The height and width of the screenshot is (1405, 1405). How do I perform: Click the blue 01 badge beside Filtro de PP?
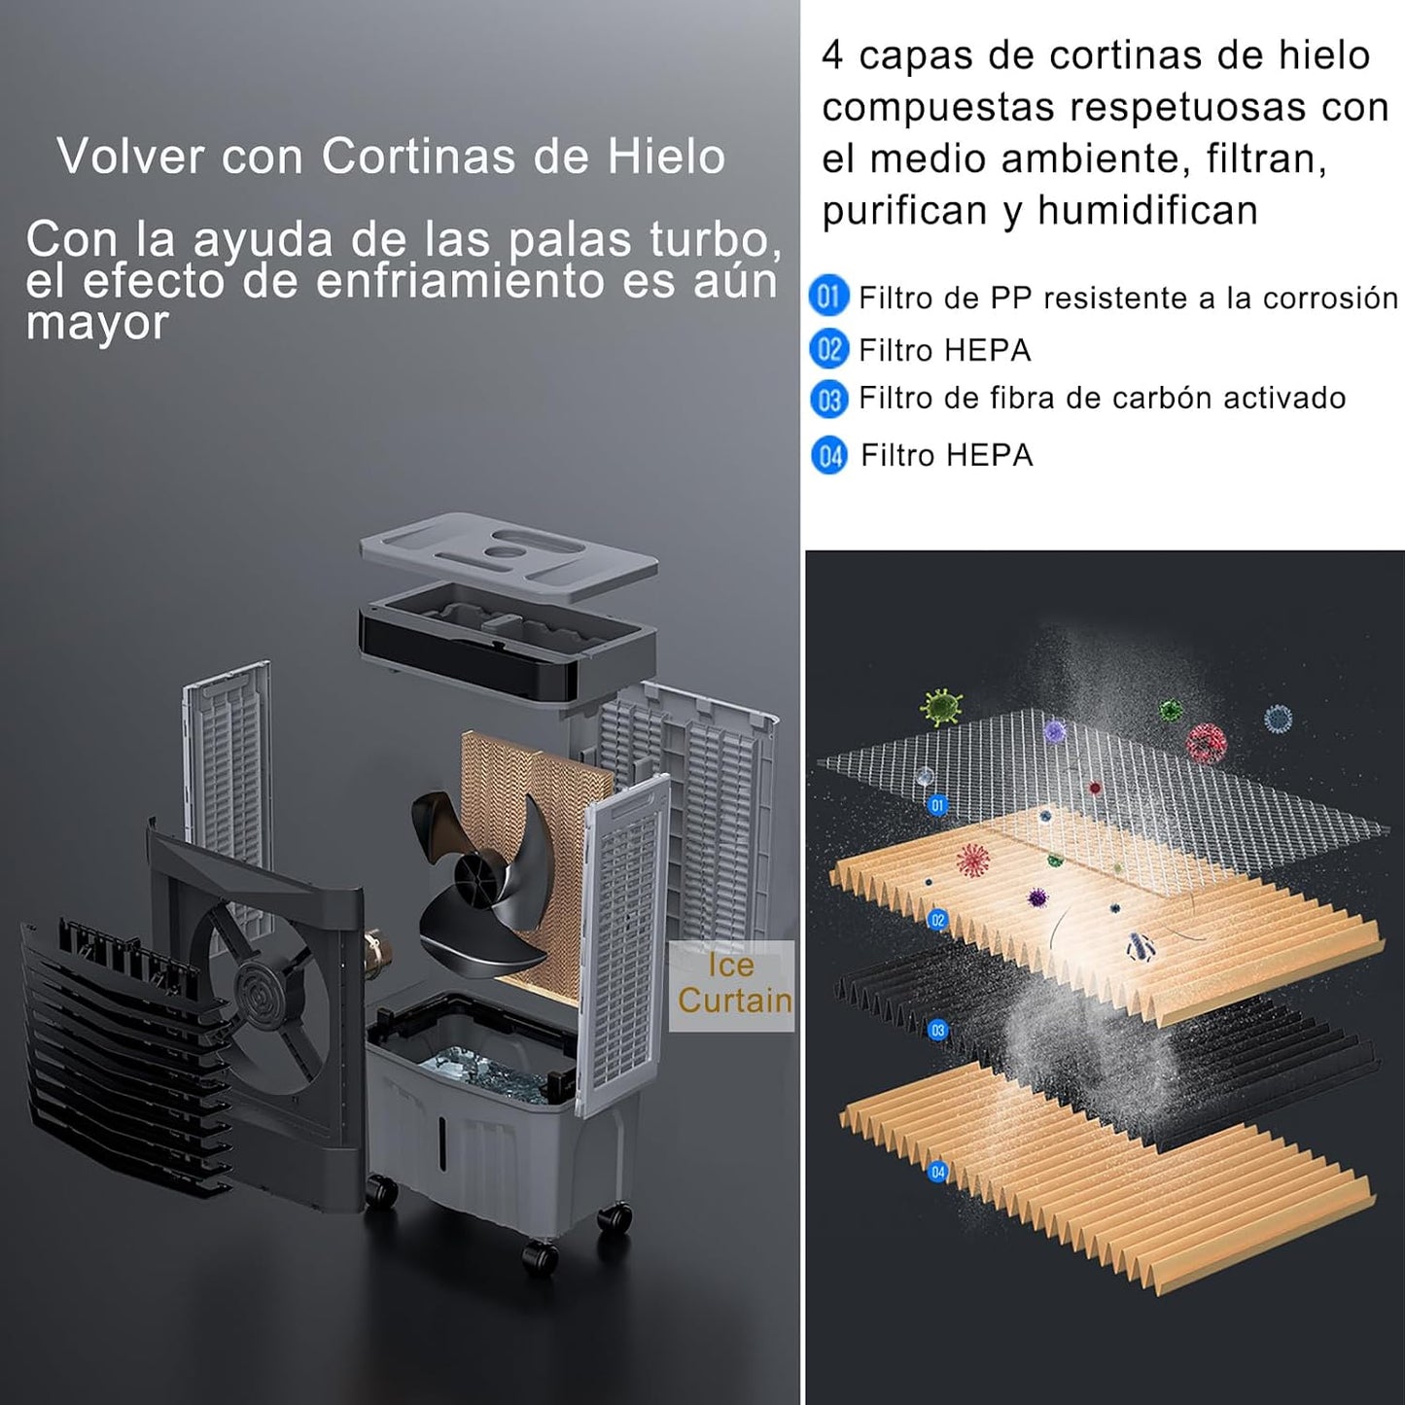click(x=828, y=296)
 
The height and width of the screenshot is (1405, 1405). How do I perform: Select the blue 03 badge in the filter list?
click(x=829, y=400)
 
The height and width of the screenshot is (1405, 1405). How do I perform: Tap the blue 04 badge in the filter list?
click(x=829, y=456)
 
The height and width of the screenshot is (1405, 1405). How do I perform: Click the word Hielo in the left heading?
click(x=666, y=156)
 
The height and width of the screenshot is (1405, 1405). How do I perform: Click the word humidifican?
click(x=1147, y=211)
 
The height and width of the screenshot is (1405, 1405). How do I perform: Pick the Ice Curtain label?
click(x=732, y=984)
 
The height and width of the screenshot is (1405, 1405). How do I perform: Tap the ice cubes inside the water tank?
click(x=481, y=1069)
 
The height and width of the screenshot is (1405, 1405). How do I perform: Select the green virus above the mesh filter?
click(x=941, y=707)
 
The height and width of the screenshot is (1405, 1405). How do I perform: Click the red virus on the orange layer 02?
click(x=972, y=861)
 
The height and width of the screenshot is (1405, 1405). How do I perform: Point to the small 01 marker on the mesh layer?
click(x=937, y=805)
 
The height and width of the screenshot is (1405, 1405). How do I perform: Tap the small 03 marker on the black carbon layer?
click(x=937, y=1031)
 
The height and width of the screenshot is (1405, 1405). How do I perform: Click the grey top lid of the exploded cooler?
click(x=509, y=556)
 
